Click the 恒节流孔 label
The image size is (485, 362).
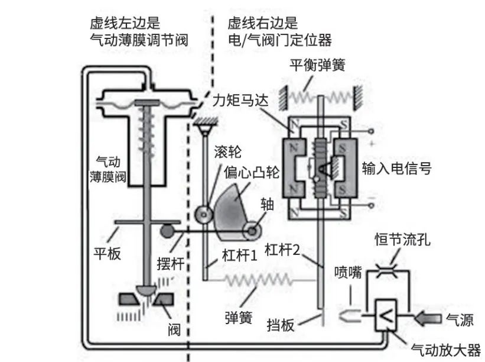(403, 239)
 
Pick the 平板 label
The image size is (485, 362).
(107, 254)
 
